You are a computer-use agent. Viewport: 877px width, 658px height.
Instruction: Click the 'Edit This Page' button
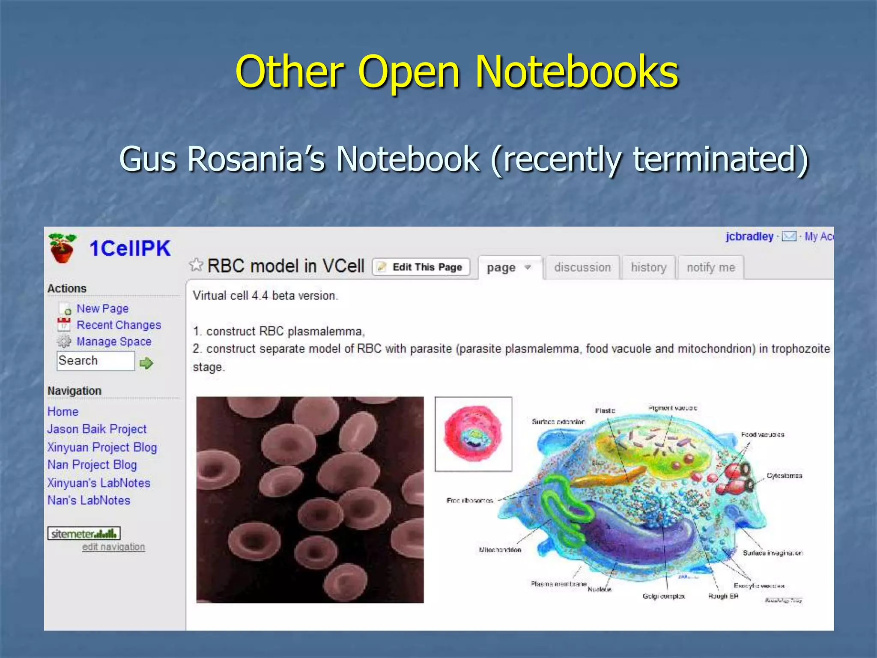pyautogui.click(x=421, y=267)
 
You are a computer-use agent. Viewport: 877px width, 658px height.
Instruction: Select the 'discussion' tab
pyautogui.click(x=582, y=267)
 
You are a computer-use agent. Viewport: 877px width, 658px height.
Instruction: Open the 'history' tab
pyautogui.click(x=648, y=267)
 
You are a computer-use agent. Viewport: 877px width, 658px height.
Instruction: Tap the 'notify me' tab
pyautogui.click(x=710, y=267)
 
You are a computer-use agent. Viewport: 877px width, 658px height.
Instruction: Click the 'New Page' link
pyautogui.click(x=102, y=308)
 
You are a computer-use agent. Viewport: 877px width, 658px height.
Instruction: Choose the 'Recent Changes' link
pyautogui.click(x=119, y=325)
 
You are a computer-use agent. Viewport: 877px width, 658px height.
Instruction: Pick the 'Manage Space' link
pyautogui.click(x=113, y=341)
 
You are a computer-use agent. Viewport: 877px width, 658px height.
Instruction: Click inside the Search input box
pyautogui.click(x=95, y=361)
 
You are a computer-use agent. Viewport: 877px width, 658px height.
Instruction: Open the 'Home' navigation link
pyautogui.click(x=63, y=412)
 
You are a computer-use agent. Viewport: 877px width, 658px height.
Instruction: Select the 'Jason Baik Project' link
pyautogui.click(x=97, y=429)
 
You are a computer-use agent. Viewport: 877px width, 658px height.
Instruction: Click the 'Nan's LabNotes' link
pyautogui.click(x=89, y=500)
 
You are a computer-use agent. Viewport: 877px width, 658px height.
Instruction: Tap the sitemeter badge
pyautogui.click(x=84, y=534)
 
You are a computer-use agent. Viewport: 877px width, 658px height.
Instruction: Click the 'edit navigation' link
pyautogui.click(x=113, y=547)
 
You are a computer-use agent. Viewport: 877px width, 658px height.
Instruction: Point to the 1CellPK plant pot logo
pyautogui.click(x=62, y=248)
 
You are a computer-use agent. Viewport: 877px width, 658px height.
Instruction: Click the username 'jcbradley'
pyautogui.click(x=749, y=236)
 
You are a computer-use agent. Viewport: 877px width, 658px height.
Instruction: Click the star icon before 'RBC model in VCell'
pyautogui.click(x=196, y=265)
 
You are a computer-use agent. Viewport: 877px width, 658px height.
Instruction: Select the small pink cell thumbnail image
pyautogui.click(x=473, y=434)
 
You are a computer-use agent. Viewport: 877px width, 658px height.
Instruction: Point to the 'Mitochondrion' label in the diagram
pyautogui.click(x=500, y=550)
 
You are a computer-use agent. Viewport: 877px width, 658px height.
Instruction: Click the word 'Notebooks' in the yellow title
pyautogui.click(x=576, y=72)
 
